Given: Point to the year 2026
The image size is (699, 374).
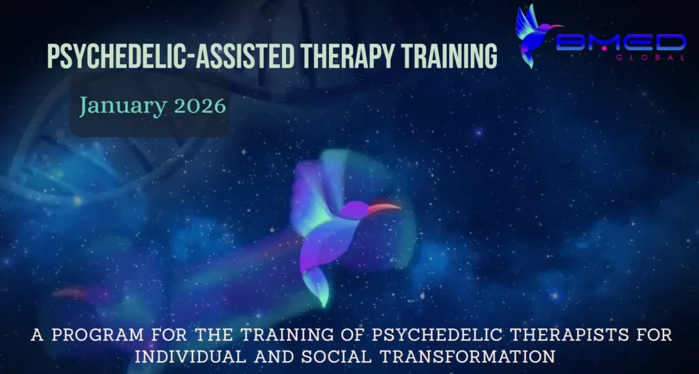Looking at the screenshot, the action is pos(200,106).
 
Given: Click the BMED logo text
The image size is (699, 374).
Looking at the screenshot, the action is pos(621,43).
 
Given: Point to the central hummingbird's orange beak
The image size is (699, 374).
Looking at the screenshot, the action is pos(384,208).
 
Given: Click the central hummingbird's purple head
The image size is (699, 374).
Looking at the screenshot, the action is pos(354,210).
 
